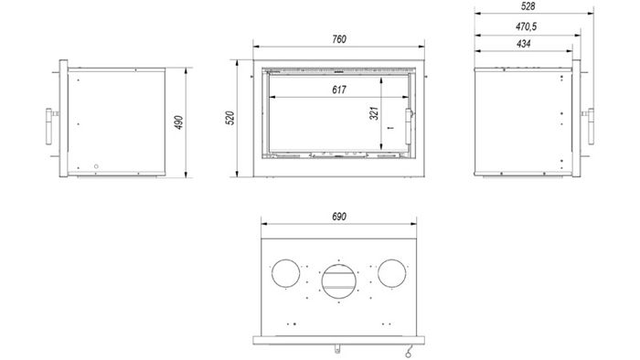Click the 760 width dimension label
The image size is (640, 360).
pos(339,39)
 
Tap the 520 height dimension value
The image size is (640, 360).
pos(230,118)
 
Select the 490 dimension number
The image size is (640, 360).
pos(179,122)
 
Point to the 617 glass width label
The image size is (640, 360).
pos(339,90)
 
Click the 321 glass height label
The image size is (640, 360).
pos(374,113)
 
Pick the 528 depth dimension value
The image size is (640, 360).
pos(528,6)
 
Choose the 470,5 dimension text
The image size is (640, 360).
pos(526,26)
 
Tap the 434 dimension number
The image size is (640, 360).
pos(523,44)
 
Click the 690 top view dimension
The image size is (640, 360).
pos(339,217)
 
